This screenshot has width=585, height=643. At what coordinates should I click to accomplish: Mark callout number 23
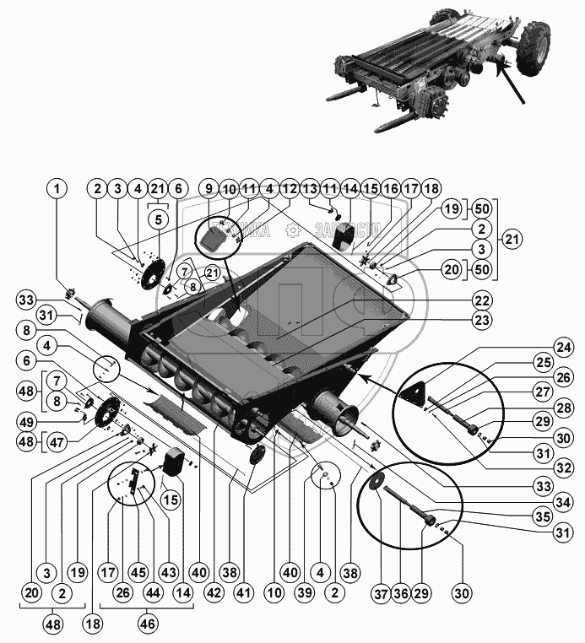(x=480, y=320)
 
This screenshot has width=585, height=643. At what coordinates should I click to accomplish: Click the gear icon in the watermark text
(x=291, y=229)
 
